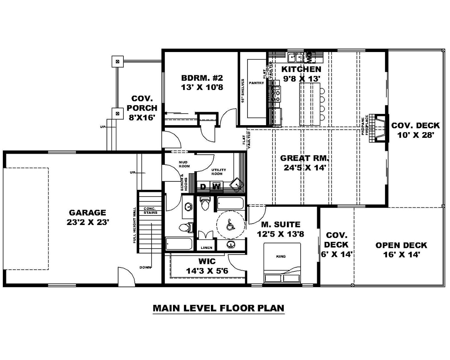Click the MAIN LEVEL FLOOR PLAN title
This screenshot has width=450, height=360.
pyautogui.click(x=218, y=308)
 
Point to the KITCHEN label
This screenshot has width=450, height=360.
pyautogui.click(x=301, y=69)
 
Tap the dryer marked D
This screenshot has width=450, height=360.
pyautogui.click(x=203, y=187)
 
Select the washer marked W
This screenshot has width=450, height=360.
pyautogui.click(x=217, y=187)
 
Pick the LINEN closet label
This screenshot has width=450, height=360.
pyautogui.click(x=206, y=247)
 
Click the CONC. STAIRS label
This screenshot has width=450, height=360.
pyautogui.click(x=150, y=211)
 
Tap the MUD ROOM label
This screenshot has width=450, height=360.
pyautogui.click(x=184, y=164)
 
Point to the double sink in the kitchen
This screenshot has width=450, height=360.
pyautogui.click(x=295, y=57)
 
